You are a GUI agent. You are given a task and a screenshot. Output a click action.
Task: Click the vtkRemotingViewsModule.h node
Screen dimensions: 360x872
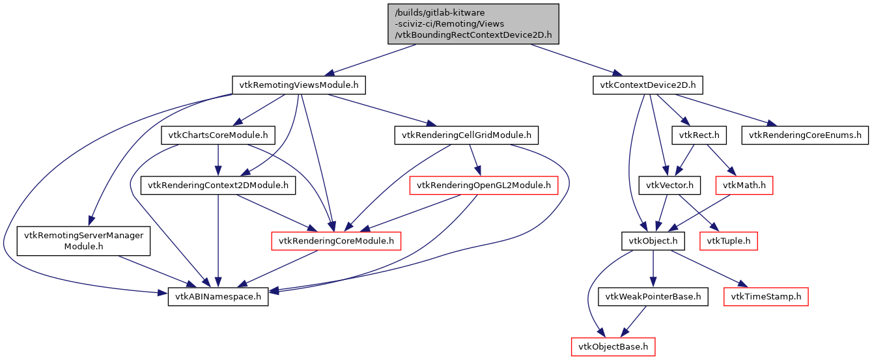tap(299, 85)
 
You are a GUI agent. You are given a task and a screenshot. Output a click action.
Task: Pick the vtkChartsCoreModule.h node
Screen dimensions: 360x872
tap(218, 135)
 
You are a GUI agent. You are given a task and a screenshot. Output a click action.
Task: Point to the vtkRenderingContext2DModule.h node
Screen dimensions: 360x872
tap(218, 186)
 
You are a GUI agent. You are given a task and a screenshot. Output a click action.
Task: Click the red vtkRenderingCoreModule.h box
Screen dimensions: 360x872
tap(335, 241)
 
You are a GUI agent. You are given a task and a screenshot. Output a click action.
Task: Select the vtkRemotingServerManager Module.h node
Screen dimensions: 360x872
tap(83, 241)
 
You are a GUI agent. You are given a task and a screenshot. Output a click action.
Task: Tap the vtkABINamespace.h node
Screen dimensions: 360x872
tap(218, 297)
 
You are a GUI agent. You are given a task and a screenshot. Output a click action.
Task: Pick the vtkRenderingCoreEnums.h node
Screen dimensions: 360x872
tap(805, 135)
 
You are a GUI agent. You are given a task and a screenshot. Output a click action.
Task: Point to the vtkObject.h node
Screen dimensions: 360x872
tap(653, 241)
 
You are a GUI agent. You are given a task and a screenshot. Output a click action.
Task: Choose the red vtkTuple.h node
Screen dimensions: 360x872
tap(728, 241)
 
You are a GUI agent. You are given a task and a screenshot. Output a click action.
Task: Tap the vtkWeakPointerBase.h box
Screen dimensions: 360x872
tap(653, 297)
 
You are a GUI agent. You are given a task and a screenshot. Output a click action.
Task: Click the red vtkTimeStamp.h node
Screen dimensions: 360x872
tap(766, 297)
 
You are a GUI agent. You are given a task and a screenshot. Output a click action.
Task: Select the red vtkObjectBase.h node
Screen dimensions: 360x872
tap(612, 346)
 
